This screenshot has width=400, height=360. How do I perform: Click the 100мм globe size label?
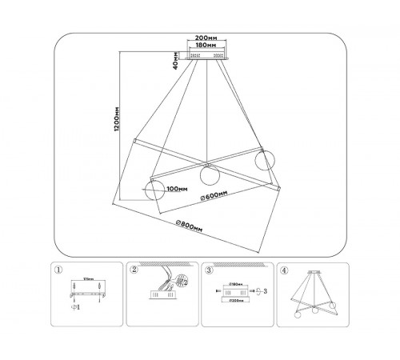177,190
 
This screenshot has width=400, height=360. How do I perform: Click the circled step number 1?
56,270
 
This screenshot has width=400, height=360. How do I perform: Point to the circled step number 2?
134,270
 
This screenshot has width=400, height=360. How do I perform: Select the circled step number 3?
209,270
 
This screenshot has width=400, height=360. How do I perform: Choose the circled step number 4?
283,270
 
